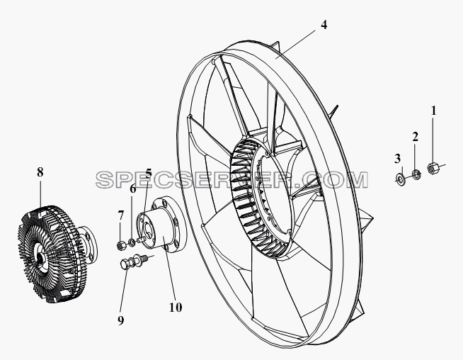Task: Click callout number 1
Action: click(x=433, y=111)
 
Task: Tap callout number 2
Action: click(x=415, y=137)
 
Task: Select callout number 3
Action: click(x=397, y=159)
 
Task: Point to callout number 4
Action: click(x=324, y=25)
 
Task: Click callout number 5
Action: click(x=149, y=173)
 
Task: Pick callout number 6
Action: click(x=133, y=189)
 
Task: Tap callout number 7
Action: click(x=120, y=215)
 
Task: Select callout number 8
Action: click(x=40, y=171)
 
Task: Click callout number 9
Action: click(x=121, y=320)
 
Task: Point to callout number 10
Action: click(x=176, y=308)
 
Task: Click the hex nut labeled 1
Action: click(x=433, y=168)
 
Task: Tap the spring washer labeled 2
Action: click(x=416, y=174)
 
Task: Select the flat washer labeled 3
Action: click(x=400, y=178)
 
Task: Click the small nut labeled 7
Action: click(x=120, y=245)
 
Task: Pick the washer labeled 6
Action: click(x=132, y=242)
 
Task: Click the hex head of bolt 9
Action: click(x=125, y=264)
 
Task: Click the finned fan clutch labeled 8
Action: click(x=56, y=254)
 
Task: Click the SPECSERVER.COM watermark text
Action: click(x=232, y=179)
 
